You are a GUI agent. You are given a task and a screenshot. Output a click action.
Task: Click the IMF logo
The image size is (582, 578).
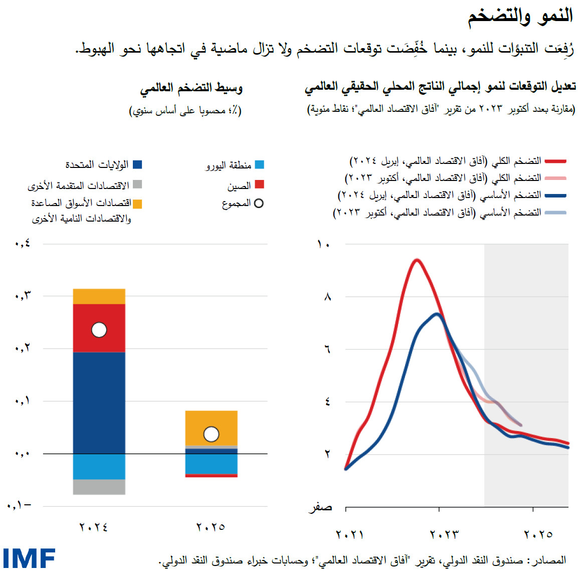point(29,558)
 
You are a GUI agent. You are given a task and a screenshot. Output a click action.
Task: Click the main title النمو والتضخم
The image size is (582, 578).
point(520,16)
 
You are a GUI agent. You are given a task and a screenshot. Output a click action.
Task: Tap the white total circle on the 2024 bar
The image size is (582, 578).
point(99,330)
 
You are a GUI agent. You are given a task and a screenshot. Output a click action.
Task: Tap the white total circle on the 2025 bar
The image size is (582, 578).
point(211,434)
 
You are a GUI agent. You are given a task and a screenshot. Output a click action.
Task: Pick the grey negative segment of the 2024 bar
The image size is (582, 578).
point(99,487)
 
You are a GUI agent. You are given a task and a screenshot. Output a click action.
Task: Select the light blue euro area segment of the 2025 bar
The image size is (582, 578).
point(211,464)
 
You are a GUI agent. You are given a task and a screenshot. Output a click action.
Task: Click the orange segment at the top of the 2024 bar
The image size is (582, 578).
point(99,296)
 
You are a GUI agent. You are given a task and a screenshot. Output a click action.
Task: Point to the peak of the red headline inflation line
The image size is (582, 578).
point(416,260)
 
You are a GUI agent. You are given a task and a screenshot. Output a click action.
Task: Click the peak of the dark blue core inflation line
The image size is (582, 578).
point(437,314)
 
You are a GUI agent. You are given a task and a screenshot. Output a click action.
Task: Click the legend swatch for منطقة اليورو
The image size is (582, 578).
point(259,164)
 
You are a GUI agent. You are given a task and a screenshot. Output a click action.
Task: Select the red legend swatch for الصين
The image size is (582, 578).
point(259,184)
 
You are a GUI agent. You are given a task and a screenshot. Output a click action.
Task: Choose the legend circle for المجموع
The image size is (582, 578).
point(259,204)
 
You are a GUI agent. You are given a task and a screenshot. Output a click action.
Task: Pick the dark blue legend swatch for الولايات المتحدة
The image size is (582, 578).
point(137,164)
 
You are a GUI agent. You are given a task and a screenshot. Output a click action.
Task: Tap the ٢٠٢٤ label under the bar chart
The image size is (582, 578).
point(94,527)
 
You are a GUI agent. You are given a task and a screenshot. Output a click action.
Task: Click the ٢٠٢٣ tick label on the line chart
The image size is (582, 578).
point(444,534)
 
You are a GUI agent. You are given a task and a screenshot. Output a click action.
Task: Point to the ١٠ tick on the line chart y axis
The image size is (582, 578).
point(323,244)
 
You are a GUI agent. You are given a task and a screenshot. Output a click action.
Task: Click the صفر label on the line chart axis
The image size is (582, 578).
point(320,507)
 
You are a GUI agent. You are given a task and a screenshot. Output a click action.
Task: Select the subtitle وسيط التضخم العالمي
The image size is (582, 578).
point(191,89)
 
